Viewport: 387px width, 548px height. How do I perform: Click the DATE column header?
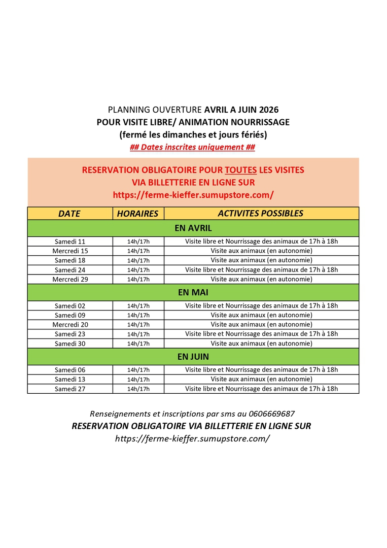(69, 214)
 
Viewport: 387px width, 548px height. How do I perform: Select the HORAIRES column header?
(137, 214)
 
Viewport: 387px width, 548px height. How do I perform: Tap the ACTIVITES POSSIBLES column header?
(261, 214)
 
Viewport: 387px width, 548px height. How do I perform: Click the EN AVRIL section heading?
(193, 228)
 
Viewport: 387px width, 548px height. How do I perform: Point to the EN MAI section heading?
(193, 293)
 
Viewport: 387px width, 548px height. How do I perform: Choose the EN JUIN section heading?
(193, 357)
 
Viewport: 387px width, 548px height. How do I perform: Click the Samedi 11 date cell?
(70, 242)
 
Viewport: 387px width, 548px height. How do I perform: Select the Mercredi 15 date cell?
(70, 251)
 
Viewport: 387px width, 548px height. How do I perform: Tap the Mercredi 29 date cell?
(70, 279)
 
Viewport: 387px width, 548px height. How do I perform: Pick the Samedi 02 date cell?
(70, 305)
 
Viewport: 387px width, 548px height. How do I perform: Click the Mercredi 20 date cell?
(70, 325)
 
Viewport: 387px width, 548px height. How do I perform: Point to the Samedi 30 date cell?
(70, 344)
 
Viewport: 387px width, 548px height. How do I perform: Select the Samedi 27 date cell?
(70, 389)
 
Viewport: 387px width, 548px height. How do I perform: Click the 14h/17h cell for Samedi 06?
(138, 370)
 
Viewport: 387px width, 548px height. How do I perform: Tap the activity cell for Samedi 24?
(261, 270)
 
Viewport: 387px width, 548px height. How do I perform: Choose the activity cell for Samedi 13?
(261, 379)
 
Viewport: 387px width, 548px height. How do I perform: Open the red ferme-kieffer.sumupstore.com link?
(193, 194)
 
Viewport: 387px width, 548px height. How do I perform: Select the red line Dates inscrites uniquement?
(192, 148)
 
